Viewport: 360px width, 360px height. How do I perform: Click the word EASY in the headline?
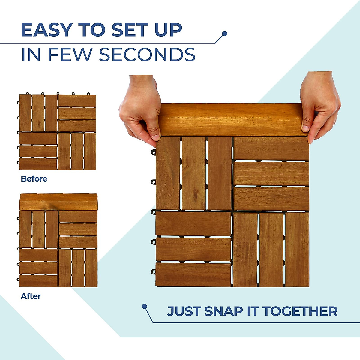tap(46, 30)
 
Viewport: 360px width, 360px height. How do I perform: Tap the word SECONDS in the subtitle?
tap(147, 55)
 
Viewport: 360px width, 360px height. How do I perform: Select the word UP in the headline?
tap(168, 30)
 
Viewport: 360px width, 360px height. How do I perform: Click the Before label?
tap(34, 179)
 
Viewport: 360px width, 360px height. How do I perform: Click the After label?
tap(31, 296)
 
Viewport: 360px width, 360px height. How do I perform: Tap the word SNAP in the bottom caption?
tap(223, 311)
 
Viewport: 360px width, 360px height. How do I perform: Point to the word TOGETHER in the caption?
tap(300, 311)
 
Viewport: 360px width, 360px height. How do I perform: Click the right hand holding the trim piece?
tap(319, 105)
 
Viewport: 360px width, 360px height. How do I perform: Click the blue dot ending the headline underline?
tap(224, 33)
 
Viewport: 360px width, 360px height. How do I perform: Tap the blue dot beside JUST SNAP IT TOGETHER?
tap(145, 306)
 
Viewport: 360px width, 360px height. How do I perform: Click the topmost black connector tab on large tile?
tap(153, 152)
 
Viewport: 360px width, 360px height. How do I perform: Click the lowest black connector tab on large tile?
tap(153, 272)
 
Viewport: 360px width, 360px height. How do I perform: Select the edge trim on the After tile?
tap(58, 202)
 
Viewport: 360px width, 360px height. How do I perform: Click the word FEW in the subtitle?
tap(70, 55)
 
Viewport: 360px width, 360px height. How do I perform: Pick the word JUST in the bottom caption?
tap(184, 311)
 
